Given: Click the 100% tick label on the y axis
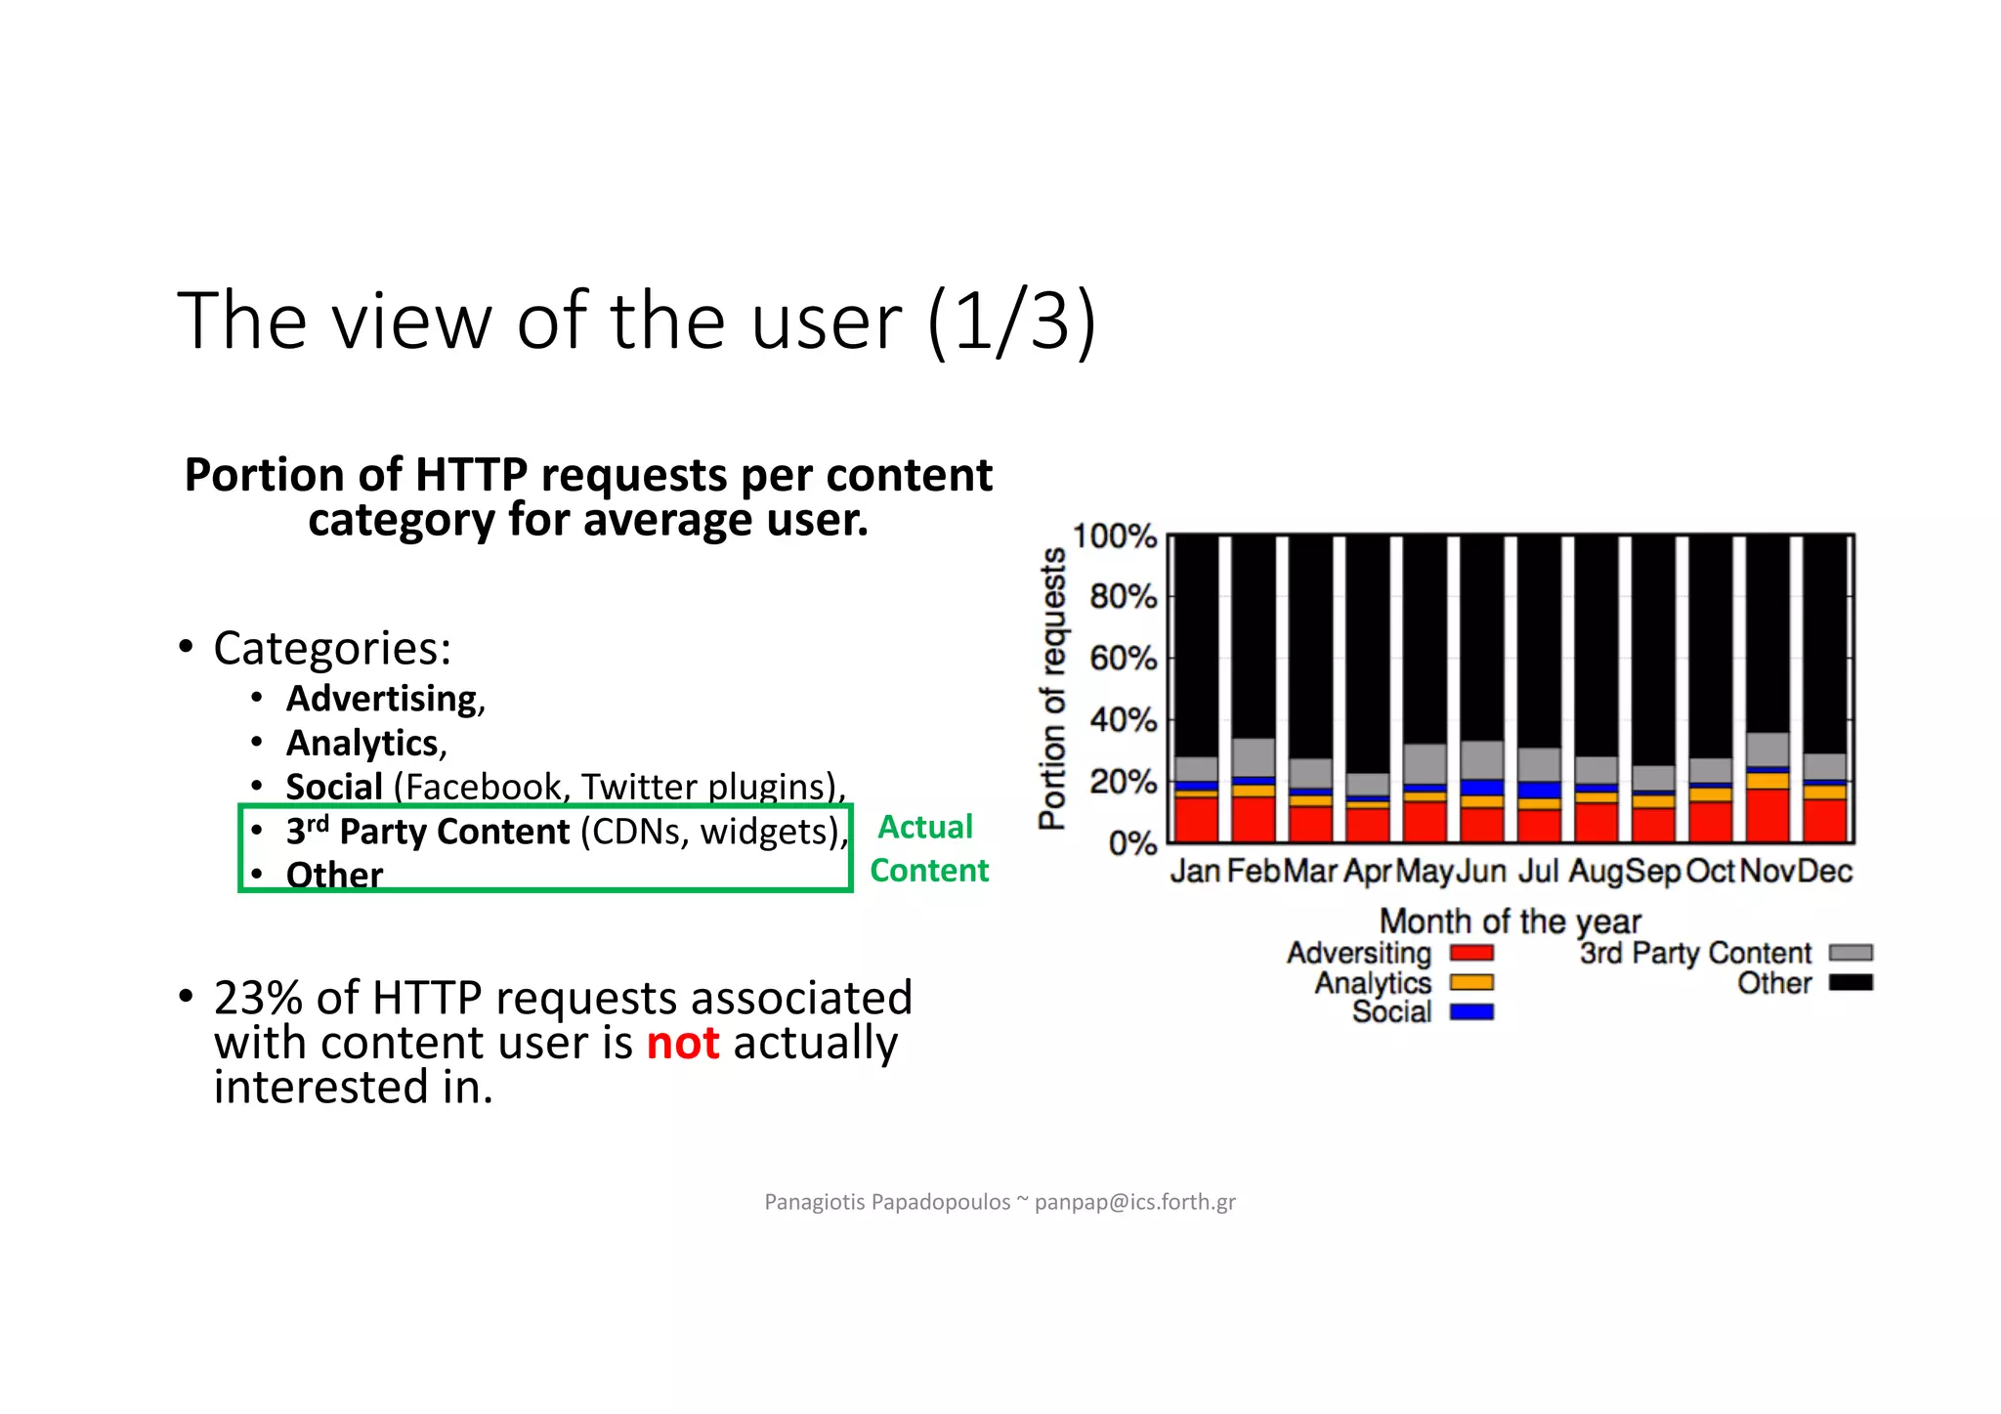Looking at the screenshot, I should [1114, 536].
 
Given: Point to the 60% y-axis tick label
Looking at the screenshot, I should [1123, 659].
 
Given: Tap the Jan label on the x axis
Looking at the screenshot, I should [1195, 871].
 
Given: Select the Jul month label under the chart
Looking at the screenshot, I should [1538, 871].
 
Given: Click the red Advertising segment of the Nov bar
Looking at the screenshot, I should [1767, 815].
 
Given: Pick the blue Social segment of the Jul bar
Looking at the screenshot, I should [1539, 790].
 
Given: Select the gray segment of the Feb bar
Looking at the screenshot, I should [1254, 757].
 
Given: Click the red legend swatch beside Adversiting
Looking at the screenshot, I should [1471, 953].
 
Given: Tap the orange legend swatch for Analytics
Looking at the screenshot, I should [1471, 982].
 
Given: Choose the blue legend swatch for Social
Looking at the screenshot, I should [1471, 1011].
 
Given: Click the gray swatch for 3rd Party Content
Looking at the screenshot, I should [1851, 953].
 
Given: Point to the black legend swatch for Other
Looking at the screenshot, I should [1851, 982].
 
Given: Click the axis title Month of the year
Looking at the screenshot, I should [1510, 921].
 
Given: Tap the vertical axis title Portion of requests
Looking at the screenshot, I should [1052, 688].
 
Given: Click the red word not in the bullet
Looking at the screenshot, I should [683, 1043].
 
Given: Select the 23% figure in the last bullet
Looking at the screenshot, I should [258, 999].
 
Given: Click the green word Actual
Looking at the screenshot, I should [925, 827].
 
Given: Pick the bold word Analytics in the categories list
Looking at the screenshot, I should [362, 744].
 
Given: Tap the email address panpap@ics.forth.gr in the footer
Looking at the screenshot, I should [1134, 1202].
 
